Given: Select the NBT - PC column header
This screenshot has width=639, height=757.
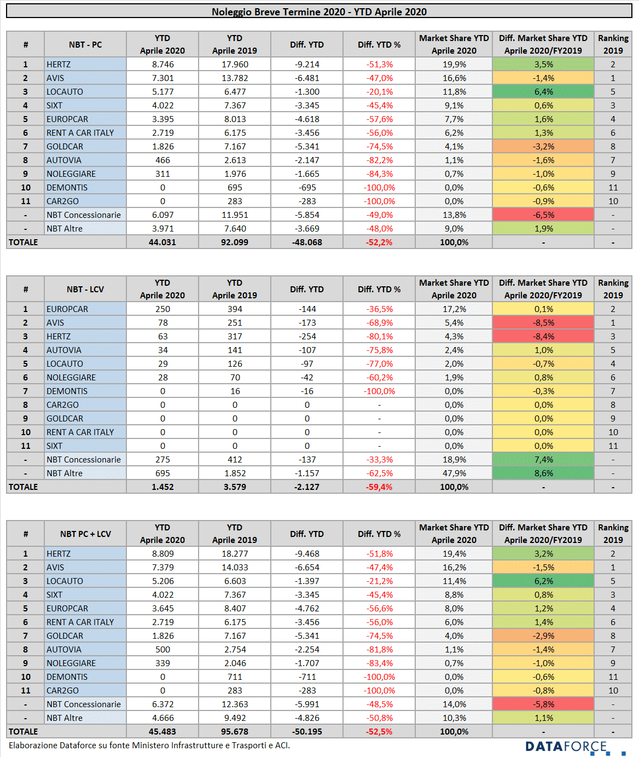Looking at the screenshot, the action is coord(85,44).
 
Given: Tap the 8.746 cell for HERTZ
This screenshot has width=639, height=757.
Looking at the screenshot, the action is coord(162,65).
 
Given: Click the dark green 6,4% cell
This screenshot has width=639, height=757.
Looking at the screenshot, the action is coord(543,92).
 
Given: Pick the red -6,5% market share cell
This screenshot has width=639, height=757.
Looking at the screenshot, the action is coord(543,215).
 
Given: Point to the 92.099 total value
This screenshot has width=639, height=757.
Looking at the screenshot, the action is coord(235,242).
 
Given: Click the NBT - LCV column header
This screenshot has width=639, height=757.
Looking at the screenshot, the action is coord(85,290).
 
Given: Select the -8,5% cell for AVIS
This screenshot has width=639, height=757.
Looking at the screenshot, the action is coord(543,322).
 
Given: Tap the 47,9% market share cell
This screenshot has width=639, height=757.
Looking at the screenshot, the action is coord(454,473).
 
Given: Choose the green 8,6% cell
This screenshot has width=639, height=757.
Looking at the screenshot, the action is coord(543,473).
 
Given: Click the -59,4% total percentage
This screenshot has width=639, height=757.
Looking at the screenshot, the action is coord(379,487).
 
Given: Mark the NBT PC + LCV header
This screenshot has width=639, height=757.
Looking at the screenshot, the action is coord(85,534).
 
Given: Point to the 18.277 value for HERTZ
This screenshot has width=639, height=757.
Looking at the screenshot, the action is coord(235,554).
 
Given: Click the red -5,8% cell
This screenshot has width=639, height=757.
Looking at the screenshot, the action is coord(543,704).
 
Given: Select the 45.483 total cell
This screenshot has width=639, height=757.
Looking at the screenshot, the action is coord(162,732).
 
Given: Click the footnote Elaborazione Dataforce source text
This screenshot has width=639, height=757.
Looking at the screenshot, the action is coord(149,746).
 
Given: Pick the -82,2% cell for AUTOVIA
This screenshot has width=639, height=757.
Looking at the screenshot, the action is coord(379,160).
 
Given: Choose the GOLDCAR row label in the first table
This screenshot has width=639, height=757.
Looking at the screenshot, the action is coord(65,147).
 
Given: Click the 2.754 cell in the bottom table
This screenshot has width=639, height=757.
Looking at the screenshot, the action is coord(235,650).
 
